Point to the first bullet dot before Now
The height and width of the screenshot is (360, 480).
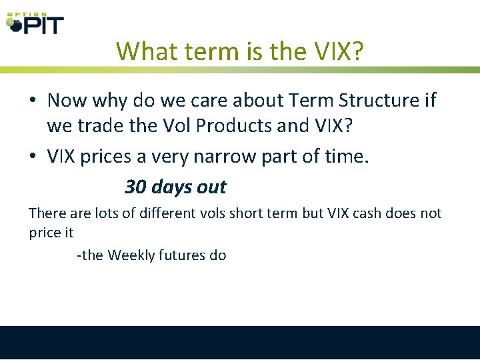click(33, 101)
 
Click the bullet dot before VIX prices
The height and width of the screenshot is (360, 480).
click(33, 157)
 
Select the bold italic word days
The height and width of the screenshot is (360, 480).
click(171, 187)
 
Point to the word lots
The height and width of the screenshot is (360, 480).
click(86, 213)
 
